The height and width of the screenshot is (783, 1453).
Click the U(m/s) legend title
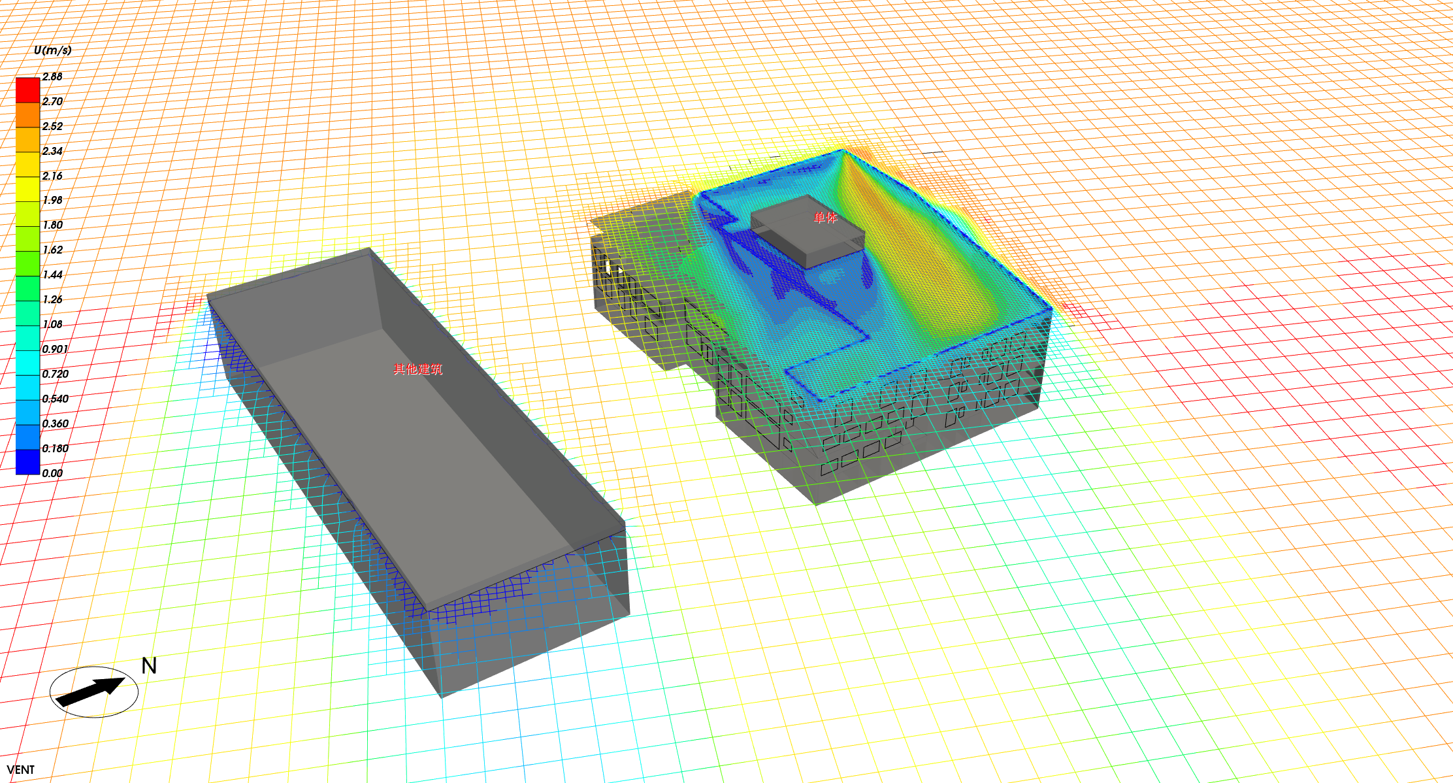[x=52, y=50]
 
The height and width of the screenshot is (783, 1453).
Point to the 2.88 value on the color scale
[x=52, y=76]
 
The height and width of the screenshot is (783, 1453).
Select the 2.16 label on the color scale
[x=52, y=176]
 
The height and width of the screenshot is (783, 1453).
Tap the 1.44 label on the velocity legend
[x=52, y=275]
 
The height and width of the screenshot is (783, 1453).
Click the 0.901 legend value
[x=55, y=349]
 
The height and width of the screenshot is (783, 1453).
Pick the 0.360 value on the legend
[x=55, y=424]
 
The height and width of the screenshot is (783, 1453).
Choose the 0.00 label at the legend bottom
[x=52, y=473]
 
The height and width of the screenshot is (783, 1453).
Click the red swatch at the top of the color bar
[x=27, y=90]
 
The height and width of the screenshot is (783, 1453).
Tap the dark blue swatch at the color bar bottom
[x=27, y=461]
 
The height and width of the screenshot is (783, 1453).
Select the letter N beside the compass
[x=149, y=666]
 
